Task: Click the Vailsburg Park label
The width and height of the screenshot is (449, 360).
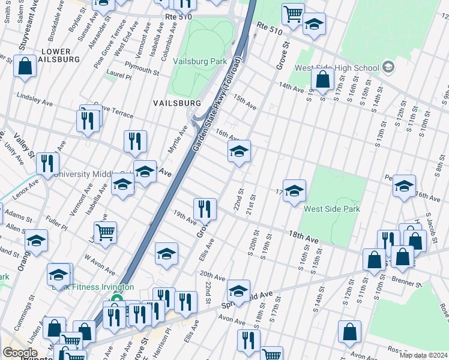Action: (x=199, y=61)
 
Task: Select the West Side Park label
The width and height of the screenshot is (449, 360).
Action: (x=332, y=209)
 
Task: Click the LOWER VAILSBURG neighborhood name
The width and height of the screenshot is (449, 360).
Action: (x=56, y=56)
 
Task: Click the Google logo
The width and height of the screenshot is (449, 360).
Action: (x=20, y=352)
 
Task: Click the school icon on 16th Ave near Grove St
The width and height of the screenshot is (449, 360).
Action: (x=239, y=151)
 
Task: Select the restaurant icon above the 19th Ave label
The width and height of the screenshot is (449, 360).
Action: (x=205, y=209)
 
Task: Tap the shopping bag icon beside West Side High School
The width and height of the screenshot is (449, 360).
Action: (x=322, y=79)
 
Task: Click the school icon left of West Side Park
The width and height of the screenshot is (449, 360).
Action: (x=294, y=191)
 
